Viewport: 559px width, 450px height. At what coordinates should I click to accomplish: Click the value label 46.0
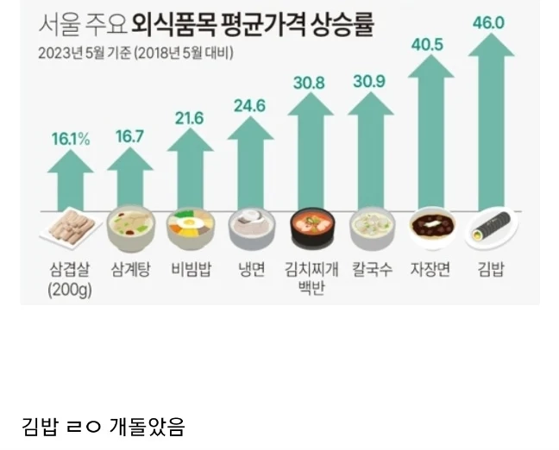tap(488, 22)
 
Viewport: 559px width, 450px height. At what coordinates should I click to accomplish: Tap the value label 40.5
tap(429, 43)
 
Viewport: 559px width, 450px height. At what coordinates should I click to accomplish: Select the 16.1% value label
tap(70, 139)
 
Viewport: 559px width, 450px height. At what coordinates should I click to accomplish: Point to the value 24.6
tap(251, 107)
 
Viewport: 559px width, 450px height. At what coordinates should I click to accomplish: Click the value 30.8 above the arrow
tap(309, 84)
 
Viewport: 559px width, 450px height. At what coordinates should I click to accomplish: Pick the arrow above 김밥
tap(490, 121)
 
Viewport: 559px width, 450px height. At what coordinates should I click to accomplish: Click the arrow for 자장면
tap(430, 134)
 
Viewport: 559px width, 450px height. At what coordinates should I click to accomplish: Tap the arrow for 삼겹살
tap(71, 183)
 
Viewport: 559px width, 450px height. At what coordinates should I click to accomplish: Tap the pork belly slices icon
tap(69, 228)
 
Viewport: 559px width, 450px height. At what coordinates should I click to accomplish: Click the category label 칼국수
tap(373, 270)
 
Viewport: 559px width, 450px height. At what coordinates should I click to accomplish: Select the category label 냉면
tap(251, 270)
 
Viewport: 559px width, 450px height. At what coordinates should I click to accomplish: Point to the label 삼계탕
tap(131, 270)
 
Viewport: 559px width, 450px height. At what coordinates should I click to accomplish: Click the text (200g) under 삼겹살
tap(70, 291)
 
